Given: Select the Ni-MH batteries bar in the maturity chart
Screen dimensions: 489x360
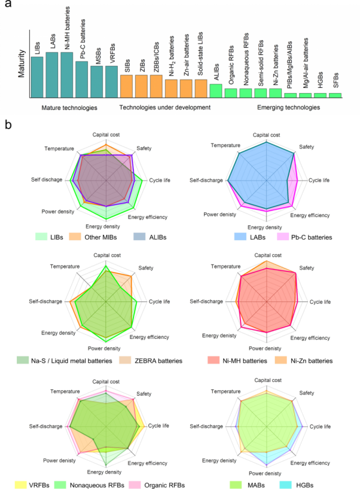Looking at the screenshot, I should [66, 75].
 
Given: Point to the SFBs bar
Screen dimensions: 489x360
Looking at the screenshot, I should [335, 95].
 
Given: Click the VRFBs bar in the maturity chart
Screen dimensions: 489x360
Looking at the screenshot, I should [111, 82].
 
